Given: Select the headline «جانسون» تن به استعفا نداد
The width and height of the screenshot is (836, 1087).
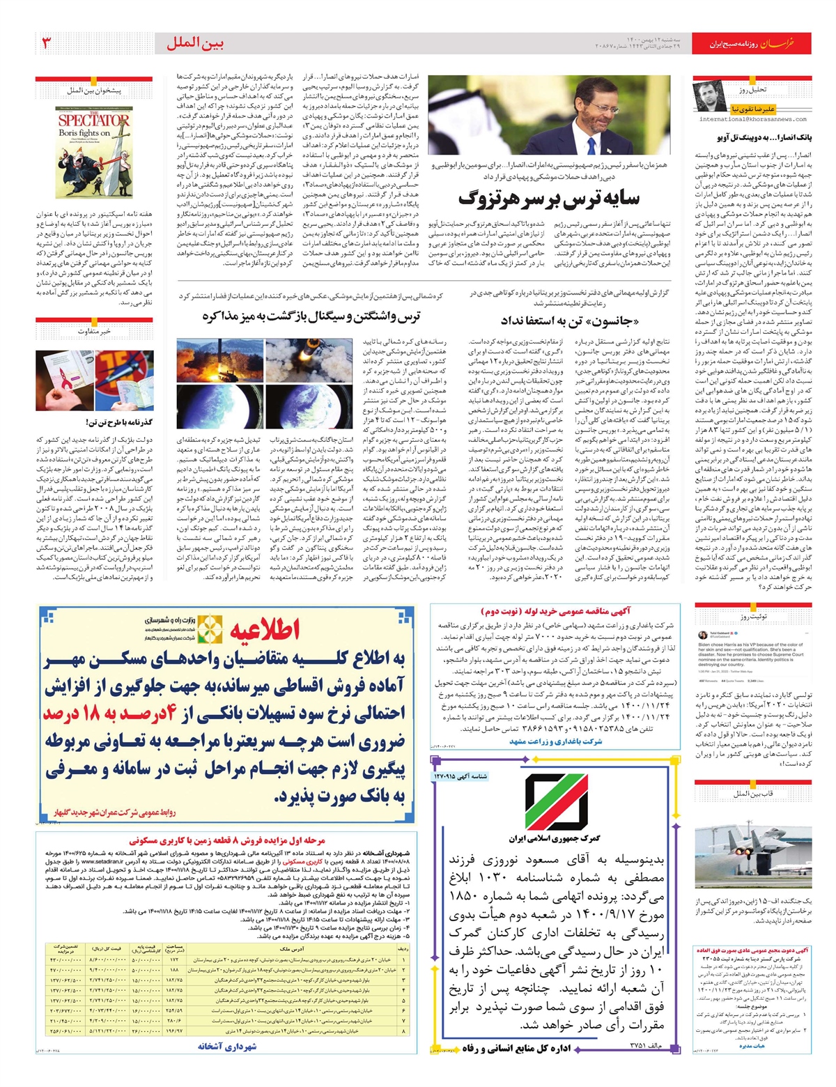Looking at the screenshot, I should pyautogui.click(x=569, y=321).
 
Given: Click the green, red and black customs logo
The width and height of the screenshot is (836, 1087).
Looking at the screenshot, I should pyautogui.click(x=555, y=801).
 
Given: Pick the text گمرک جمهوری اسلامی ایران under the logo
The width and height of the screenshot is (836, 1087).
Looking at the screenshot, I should pyautogui.click(x=555, y=838).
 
